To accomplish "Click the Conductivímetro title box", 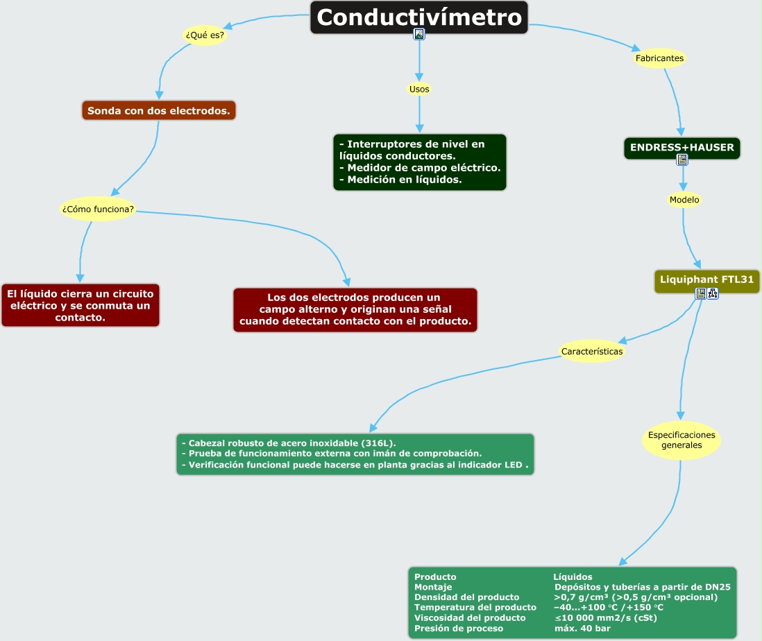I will point(418,17).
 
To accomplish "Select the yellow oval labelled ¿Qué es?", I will point(205,35).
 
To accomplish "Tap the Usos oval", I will point(419,89).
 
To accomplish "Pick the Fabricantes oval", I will point(659,58).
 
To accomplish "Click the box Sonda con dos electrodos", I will point(159,110).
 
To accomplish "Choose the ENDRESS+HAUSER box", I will point(682,148).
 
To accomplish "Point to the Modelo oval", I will point(684,200).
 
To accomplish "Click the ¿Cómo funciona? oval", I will point(98,209).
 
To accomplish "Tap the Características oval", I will point(592,351).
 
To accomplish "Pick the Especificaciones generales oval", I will point(681,440).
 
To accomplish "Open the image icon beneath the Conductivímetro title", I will point(419,34).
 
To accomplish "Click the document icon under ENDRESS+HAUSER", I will point(683,160).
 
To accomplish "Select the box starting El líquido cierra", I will point(81,305).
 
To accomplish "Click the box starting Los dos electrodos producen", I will point(355,309).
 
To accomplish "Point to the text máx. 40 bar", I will point(582,628).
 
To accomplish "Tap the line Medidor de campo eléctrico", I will point(423,168).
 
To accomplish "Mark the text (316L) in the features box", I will point(381,443).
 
